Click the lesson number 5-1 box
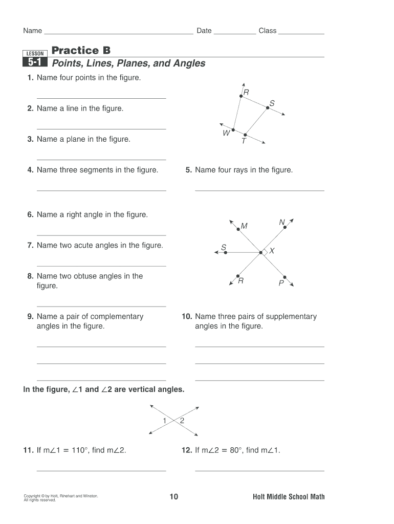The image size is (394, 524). pos(35,63)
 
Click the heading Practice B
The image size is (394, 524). pos(81,50)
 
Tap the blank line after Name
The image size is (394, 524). pos(119,32)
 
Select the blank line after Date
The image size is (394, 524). pos(234,32)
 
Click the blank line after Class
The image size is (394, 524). pos(300,32)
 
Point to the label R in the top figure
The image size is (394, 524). pos(246,92)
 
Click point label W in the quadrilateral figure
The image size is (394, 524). pos(226,134)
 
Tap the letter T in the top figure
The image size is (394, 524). pos(244,141)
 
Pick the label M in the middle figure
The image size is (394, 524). pos(244,226)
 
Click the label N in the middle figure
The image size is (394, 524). pos(282,222)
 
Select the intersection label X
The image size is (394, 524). pos(272,251)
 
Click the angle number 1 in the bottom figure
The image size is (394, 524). pos(165,421)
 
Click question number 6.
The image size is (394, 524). pos(30,215)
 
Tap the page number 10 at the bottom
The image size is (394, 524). pos(173,496)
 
